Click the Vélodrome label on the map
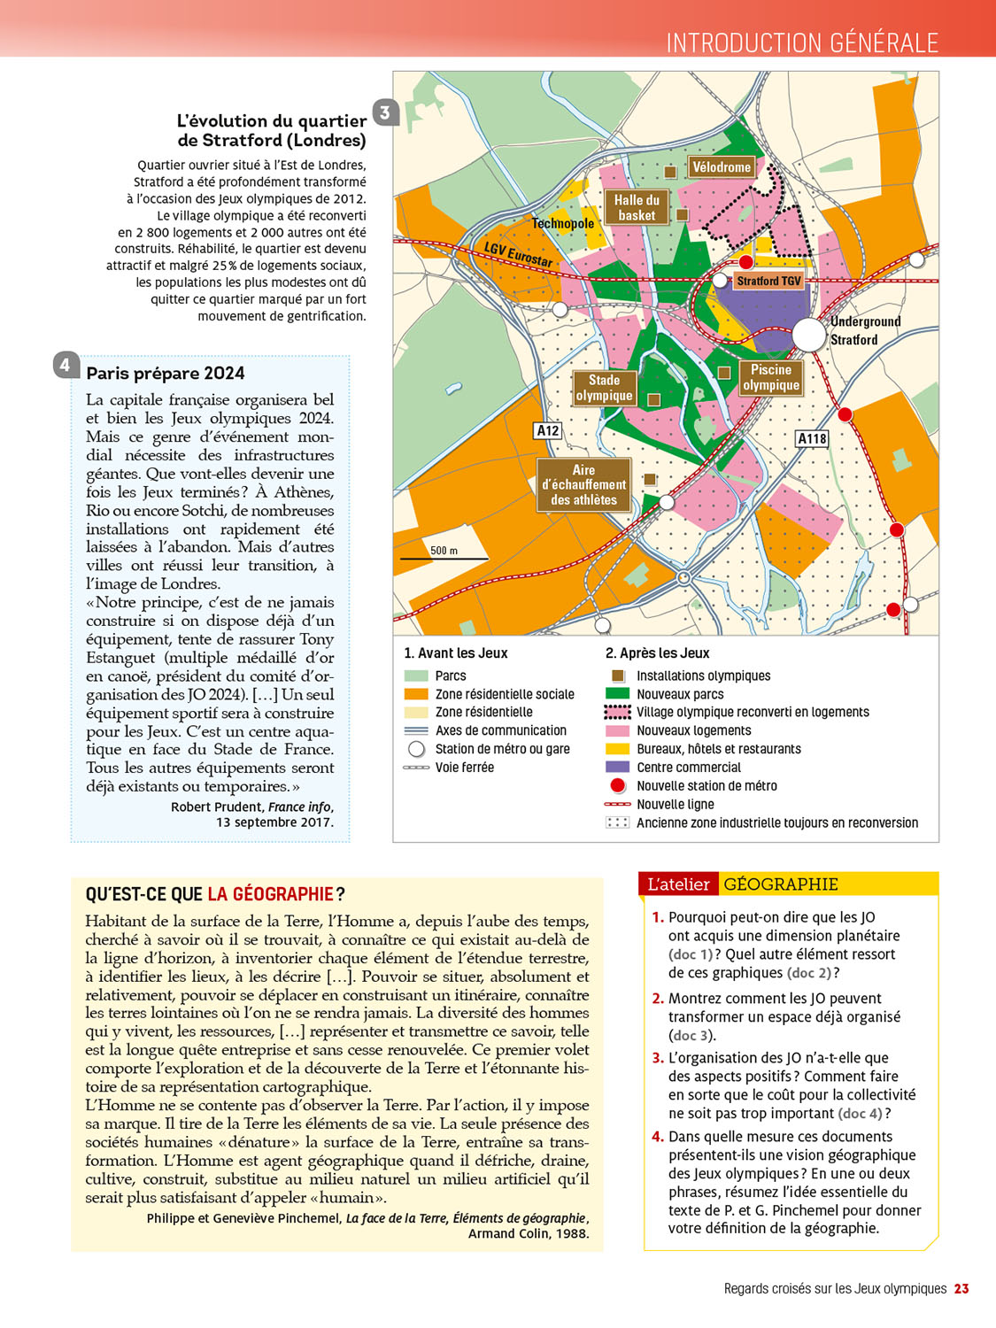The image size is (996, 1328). pyautogui.click(x=722, y=167)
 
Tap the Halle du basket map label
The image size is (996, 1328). pyautogui.click(x=637, y=207)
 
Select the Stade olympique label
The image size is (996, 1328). pyautogui.click(x=604, y=388)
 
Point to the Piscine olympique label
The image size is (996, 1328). pyautogui.click(x=771, y=377)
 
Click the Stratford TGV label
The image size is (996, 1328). pyautogui.click(x=768, y=281)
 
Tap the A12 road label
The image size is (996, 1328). pyautogui.click(x=548, y=430)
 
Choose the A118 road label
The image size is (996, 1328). pyautogui.click(x=812, y=438)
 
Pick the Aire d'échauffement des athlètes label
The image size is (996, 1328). pyautogui.click(x=583, y=485)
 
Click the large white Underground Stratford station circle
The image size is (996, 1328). pyautogui.click(x=808, y=335)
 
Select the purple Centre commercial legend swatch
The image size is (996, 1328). pyautogui.click(x=617, y=768)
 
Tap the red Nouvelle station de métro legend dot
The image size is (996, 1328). pyautogui.click(x=617, y=786)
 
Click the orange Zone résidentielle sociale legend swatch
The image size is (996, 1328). pyautogui.click(x=416, y=694)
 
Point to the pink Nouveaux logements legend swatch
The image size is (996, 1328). pyautogui.click(x=617, y=731)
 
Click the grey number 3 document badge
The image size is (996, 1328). pyautogui.click(x=385, y=112)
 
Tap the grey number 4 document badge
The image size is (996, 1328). pyautogui.click(x=66, y=365)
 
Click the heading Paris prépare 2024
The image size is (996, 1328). pyautogui.click(x=166, y=373)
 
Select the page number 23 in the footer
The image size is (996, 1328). pyautogui.click(x=961, y=1289)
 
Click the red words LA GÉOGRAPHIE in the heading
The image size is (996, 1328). pyautogui.click(x=271, y=894)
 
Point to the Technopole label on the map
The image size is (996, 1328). pyautogui.click(x=562, y=223)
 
